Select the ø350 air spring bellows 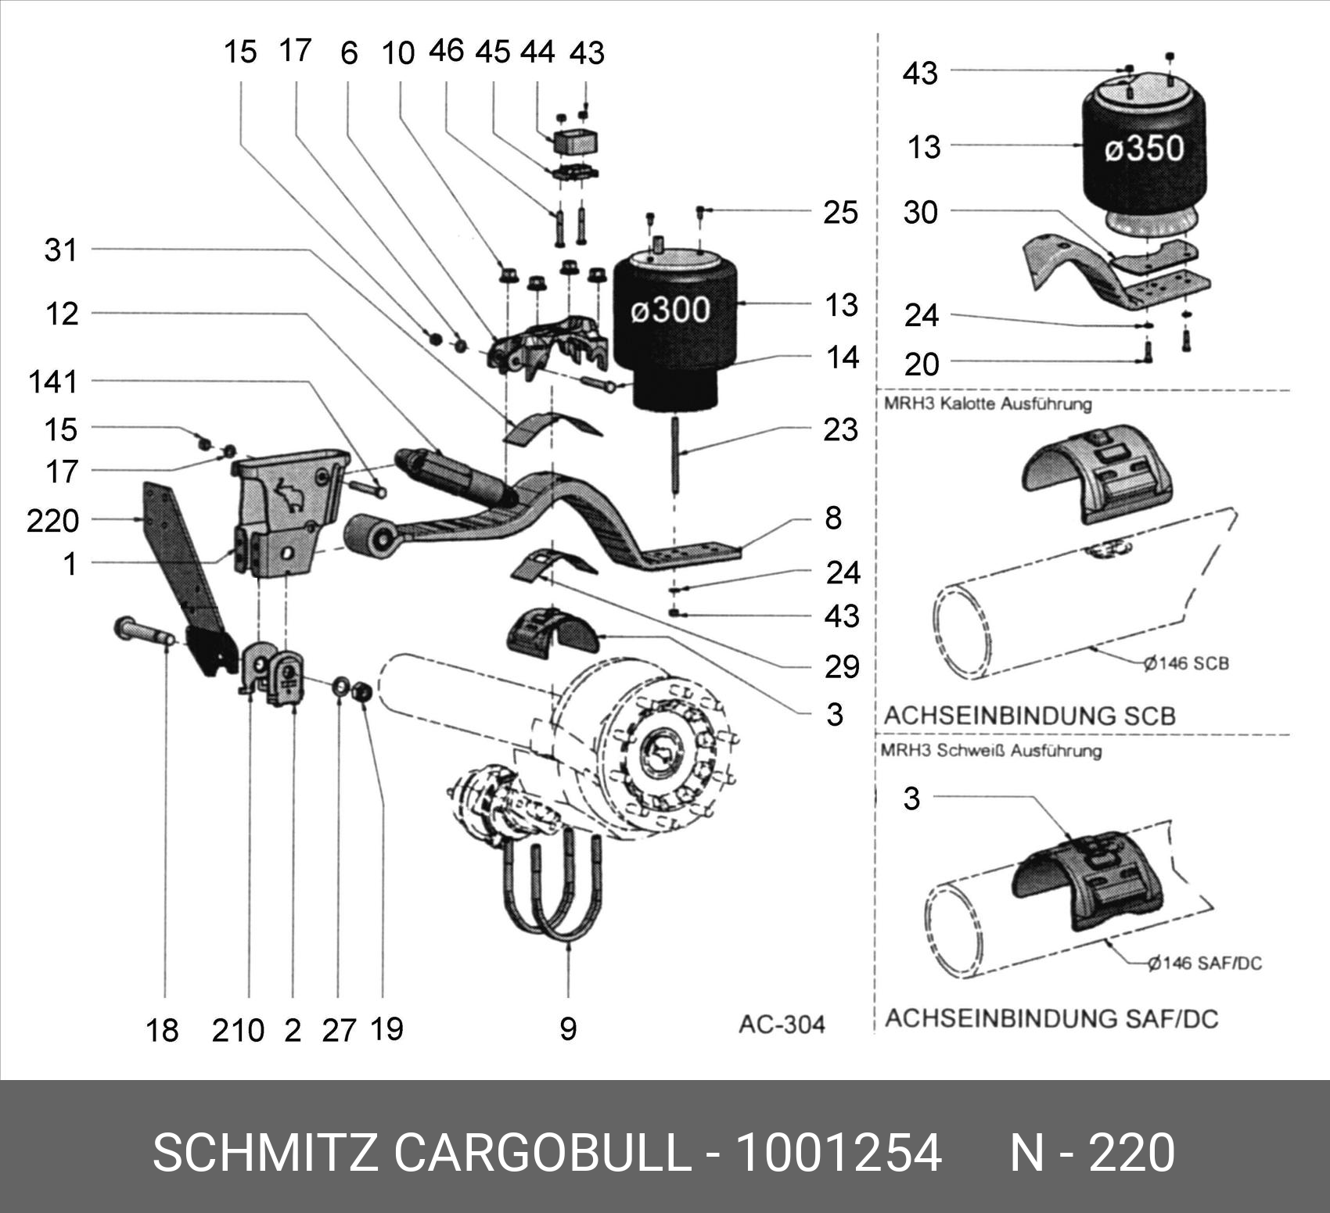click(1143, 153)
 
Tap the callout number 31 click(60, 250)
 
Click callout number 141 click(53, 382)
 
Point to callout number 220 click(52, 520)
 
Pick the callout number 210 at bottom click(238, 1030)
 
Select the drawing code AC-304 click(782, 1024)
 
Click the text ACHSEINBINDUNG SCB click(1030, 715)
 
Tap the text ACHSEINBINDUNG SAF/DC click(1051, 1018)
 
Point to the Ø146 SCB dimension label click(1186, 663)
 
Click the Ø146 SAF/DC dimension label click(1205, 963)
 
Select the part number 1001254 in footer click(839, 1152)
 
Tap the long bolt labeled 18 click(145, 630)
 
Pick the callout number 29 click(842, 666)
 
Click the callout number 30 click(920, 212)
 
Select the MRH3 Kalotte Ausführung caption click(987, 404)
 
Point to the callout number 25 click(840, 212)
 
